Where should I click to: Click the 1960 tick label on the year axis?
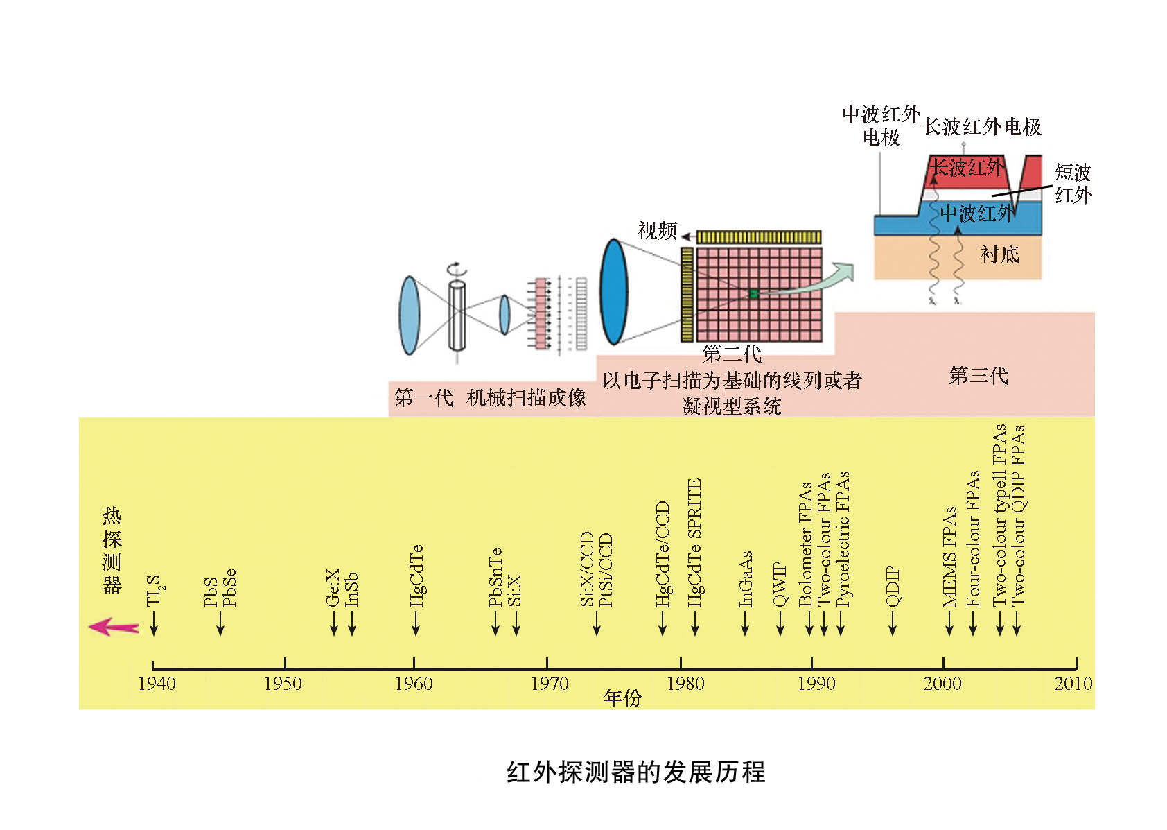414,684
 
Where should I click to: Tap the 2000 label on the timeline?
942,684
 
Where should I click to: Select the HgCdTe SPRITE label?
694,542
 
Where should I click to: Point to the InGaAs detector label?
745,578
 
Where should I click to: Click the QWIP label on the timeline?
780,584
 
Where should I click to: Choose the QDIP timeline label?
893,586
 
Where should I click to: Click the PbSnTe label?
495,577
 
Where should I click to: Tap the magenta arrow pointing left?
114,627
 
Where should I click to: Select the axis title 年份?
622,698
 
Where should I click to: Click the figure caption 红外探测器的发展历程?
635,772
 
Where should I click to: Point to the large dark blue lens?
613,292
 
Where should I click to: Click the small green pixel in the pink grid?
753,294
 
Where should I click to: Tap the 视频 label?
656,230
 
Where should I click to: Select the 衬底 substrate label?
999,254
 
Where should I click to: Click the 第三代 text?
978,376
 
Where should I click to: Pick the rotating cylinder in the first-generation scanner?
457,315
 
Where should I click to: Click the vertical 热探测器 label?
112,550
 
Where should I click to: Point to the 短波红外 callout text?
1073,183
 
